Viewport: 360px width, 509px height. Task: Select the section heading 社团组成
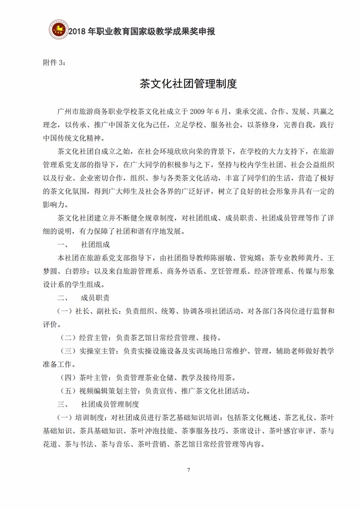click(95, 246)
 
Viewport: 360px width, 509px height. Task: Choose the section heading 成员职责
click(95, 297)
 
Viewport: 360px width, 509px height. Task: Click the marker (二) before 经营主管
click(68, 337)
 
